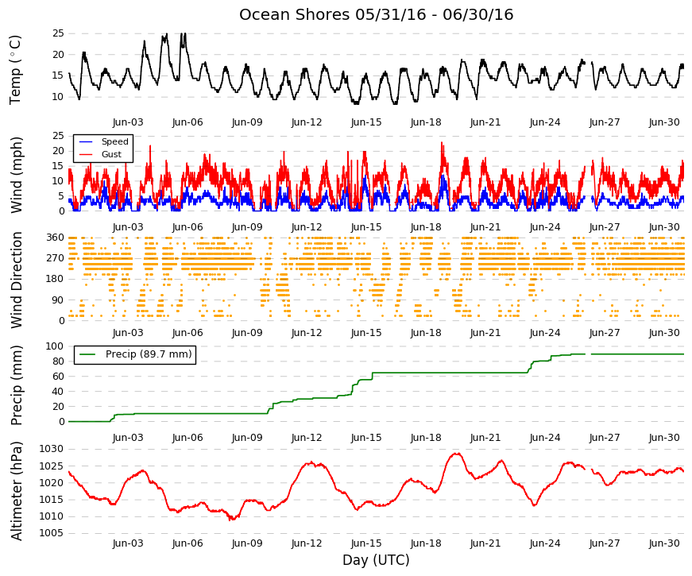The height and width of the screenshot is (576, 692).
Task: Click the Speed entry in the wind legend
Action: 114,141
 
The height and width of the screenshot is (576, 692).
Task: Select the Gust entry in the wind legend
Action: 111,154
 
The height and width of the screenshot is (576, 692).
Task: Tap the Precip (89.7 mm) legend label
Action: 149,354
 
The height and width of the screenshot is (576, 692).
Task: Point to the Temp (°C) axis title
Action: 15,70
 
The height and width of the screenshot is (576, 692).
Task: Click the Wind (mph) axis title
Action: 16,176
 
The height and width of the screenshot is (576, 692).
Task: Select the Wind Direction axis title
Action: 17,280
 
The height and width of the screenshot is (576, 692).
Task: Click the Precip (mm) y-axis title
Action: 16,385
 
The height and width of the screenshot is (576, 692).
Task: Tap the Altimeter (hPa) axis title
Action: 16,491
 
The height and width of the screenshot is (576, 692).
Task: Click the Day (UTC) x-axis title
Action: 376,560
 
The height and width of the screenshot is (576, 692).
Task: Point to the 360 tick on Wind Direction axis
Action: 55,238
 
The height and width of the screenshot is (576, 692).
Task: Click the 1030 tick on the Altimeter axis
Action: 51,450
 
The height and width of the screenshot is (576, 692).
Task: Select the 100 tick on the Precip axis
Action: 55,346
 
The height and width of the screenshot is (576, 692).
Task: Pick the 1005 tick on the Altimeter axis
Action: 51,533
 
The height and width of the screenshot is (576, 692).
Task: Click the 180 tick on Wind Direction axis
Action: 55,279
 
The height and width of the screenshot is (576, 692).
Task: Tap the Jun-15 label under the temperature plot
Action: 366,122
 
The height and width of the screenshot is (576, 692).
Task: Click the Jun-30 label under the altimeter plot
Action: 664,543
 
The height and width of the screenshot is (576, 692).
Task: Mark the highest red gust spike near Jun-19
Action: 442,142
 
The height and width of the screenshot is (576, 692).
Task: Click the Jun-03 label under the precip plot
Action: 128,438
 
